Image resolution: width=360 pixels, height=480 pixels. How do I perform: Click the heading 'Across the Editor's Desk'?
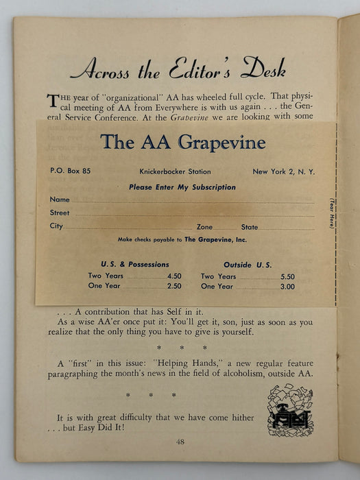[178, 68]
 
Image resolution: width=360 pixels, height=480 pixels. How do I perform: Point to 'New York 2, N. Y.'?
[283, 171]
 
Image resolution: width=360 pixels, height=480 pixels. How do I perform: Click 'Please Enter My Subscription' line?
[182, 187]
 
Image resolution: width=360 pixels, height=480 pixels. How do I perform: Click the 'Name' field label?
[60, 200]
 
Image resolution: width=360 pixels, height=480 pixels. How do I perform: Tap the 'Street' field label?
[60, 213]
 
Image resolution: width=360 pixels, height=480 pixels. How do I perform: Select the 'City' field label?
[56, 226]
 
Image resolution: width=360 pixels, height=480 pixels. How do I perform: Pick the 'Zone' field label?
[204, 226]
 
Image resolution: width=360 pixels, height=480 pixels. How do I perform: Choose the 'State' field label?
[249, 226]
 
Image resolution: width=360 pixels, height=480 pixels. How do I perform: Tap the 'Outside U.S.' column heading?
[248, 264]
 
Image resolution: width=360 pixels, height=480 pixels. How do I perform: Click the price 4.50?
[174, 276]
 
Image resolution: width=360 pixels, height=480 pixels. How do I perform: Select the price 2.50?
[174, 287]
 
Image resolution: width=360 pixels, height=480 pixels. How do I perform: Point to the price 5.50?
[287, 276]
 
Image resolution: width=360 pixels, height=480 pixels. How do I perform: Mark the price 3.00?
[287, 287]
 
